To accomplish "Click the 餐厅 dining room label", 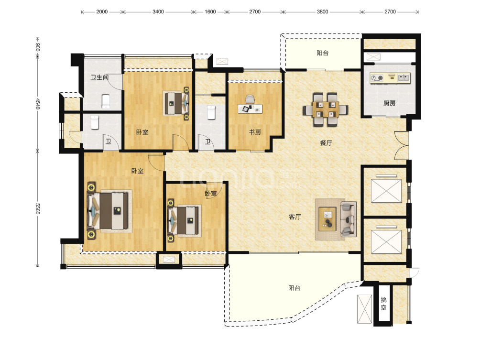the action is pyautogui.click(x=326, y=143).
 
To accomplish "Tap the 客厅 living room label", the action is pyautogui.click(x=295, y=217).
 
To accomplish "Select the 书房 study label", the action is pyautogui.click(x=255, y=132).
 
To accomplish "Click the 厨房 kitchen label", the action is pyautogui.click(x=389, y=103).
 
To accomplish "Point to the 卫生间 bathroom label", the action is pyautogui.click(x=99, y=77).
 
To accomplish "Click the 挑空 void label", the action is pyautogui.click(x=383, y=304).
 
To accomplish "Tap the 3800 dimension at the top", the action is pyautogui.click(x=322, y=11).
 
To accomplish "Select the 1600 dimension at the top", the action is pyautogui.click(x=210, y=11).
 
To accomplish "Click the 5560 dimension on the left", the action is pyautogui.click(x=37, y=208).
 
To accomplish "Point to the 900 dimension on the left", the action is pyautogui.click(x=37, y=47).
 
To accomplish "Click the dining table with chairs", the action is pyautogui.click(x=326, y=109).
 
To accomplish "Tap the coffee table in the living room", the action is pyautogui.click(x=327, y=219).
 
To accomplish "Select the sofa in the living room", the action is pyautogui.click(x=349, y=219).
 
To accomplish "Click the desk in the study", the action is pyautogui.click(x=250, y=109).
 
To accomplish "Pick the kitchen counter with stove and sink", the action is pyautogui.click(x=390, y=78).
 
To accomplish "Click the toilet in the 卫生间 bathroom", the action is pyautogui.click(x=106, y=101).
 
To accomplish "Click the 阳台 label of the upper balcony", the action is pyautogui.click(x=322, y=53).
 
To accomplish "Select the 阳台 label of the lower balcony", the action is pyautogui.click(x=294, y=288).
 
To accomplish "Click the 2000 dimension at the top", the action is pyautogui.click(x=102, y=11).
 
